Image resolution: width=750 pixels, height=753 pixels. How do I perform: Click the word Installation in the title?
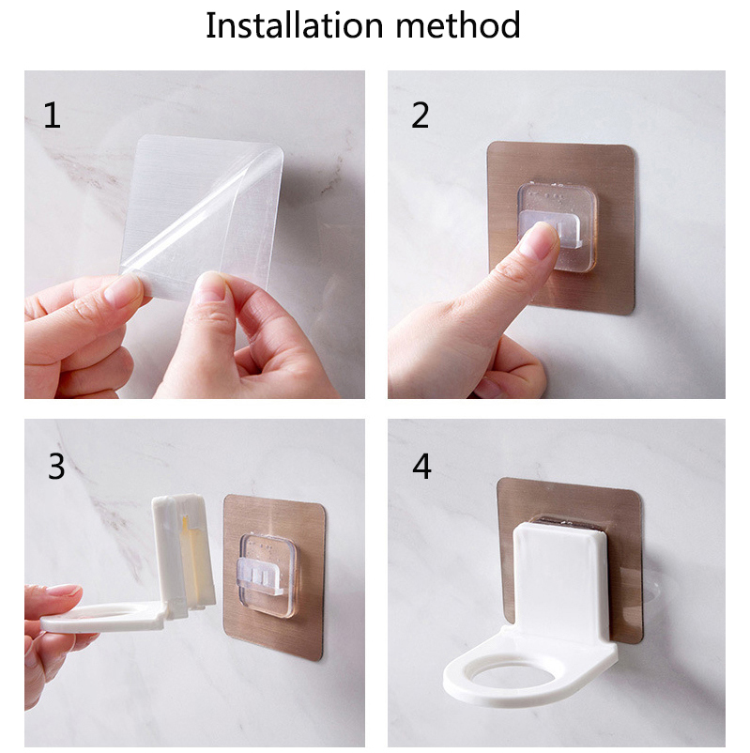click(294, 25)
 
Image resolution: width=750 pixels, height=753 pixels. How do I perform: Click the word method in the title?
click(458, 25)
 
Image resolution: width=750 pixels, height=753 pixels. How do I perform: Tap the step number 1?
click(52, 115)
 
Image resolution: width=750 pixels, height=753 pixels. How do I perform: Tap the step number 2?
click(421, 115)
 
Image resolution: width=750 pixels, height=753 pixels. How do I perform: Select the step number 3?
click(56, 466)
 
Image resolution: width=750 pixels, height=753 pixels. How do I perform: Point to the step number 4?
click(421, 466)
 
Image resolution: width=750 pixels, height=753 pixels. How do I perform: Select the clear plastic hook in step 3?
click(268, 575)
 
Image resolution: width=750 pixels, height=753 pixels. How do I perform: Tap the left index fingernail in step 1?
click(121, 289)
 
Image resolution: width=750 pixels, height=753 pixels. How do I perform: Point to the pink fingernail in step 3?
click(64, 590)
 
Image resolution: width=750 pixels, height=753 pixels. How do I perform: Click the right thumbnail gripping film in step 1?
click(210, 285)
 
